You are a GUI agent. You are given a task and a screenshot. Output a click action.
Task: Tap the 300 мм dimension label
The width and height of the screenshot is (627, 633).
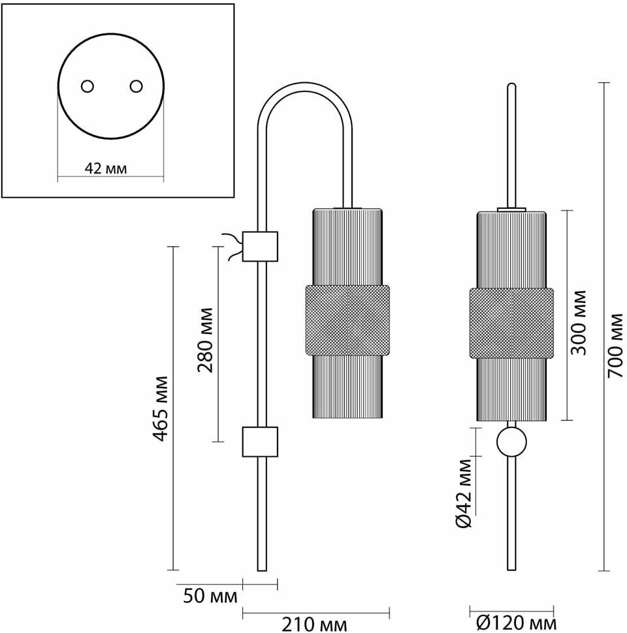click(577, 323)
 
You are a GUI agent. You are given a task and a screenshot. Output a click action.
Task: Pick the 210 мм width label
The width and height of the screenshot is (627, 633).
click(314, 625)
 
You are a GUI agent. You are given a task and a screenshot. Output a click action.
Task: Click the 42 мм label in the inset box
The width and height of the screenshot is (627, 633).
click(106, 168)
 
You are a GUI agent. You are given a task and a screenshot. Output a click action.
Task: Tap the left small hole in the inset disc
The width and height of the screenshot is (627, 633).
click(87, 86)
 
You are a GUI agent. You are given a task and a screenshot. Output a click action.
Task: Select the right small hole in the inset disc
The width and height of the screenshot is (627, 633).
click(136, 86)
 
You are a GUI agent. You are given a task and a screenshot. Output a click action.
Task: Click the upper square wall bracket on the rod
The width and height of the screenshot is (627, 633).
click(260, 247)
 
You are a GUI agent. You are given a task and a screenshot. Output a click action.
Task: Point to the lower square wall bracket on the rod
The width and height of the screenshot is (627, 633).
click(260, 442)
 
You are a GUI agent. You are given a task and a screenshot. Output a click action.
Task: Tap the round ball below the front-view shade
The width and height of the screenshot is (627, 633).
click(511, 442)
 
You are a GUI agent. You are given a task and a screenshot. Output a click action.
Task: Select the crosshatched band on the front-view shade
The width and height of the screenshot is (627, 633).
click(511, 323)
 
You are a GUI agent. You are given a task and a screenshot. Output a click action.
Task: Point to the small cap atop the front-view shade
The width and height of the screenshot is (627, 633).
click(511, 209)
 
